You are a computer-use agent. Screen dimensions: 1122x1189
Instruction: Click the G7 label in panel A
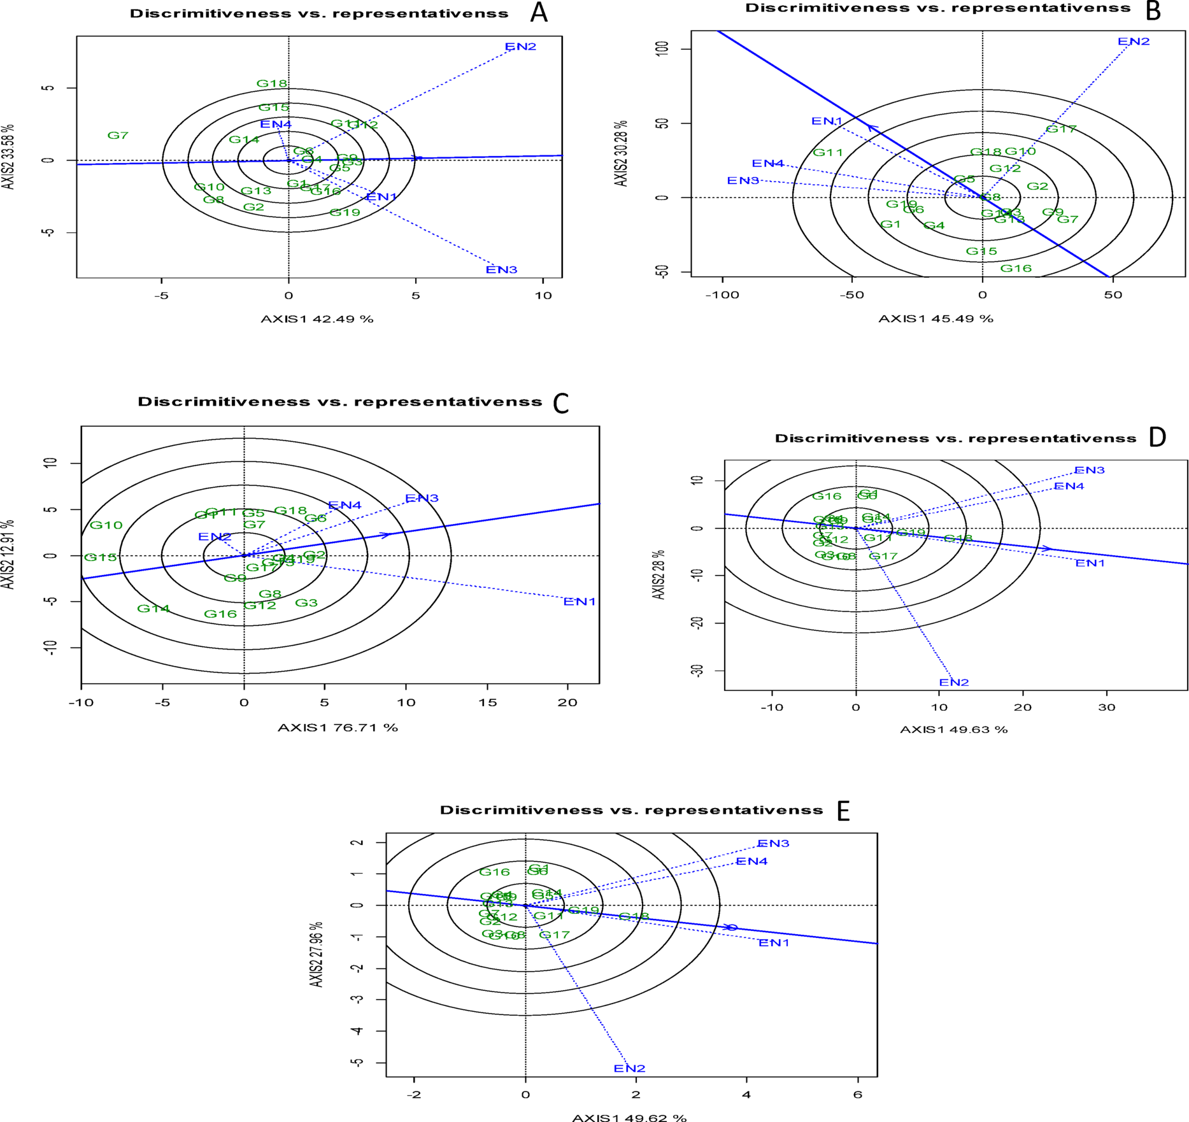coord(118,136)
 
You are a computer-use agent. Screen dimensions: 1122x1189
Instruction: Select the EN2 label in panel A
coord(520,46)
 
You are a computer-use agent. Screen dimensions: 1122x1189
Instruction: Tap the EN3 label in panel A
coord(501,270)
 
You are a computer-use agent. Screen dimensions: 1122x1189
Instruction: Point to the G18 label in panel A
coord(272,83)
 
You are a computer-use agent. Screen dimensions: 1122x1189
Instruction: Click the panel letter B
coord(1153,11)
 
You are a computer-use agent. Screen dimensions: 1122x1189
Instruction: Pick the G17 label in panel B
coord(1061,129)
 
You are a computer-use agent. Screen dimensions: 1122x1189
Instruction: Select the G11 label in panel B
coord(828,153)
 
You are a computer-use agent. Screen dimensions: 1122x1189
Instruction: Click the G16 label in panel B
coord(1016,269)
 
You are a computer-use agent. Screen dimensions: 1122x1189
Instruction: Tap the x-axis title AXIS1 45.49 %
coord(936,318)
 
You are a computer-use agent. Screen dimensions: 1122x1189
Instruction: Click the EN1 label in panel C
coord(579,602)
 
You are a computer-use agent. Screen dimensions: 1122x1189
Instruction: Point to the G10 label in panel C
coord(106,525)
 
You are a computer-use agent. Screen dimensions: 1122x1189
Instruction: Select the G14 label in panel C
coord(153,609)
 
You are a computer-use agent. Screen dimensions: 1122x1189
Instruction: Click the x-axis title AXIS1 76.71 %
coord(338,727)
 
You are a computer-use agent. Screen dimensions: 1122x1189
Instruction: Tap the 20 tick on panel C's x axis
coord(567,703)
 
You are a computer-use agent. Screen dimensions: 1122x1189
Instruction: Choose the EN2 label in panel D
coord(954,683)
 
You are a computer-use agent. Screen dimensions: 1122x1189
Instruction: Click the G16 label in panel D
coord(827,496)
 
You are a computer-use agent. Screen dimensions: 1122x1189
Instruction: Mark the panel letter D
coord(1157,437)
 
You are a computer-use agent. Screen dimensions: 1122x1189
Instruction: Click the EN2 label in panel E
coord(629,1069)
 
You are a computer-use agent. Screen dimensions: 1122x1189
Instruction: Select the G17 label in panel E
coord(554,935)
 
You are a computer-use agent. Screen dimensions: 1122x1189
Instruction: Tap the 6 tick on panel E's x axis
coord(858,1095)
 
